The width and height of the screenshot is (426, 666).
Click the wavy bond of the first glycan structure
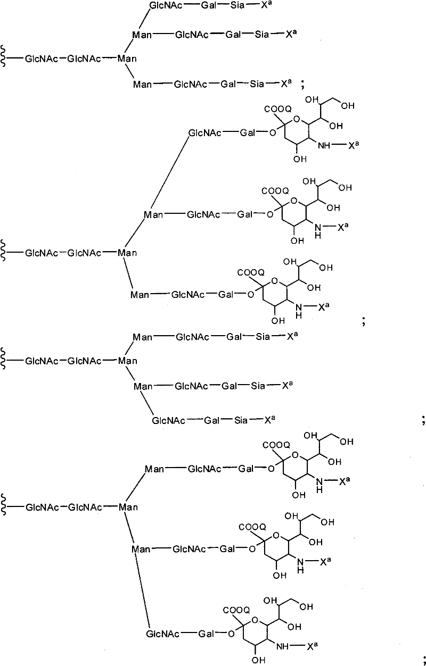tap(4, 56)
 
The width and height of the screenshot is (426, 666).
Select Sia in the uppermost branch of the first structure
tap(237, 5)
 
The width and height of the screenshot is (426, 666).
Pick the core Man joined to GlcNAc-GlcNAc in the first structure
tap(127, 59)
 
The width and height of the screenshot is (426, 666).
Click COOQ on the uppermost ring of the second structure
tap(278, 109)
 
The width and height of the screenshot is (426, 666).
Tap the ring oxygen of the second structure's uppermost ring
tap(296, 120)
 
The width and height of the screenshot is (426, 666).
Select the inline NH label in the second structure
tap(324, 145)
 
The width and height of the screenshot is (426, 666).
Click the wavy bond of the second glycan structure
tap(4, 251)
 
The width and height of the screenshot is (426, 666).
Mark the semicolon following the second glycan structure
tap(364, 321)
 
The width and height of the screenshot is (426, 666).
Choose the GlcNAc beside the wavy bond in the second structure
tap(42, 253)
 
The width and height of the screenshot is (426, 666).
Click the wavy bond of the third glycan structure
tap(4, 359)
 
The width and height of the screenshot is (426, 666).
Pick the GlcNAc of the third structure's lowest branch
tap(168, 420)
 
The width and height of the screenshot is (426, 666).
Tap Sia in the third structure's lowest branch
tap(241, 420)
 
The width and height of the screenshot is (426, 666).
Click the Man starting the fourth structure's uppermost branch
tap(154, 469)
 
